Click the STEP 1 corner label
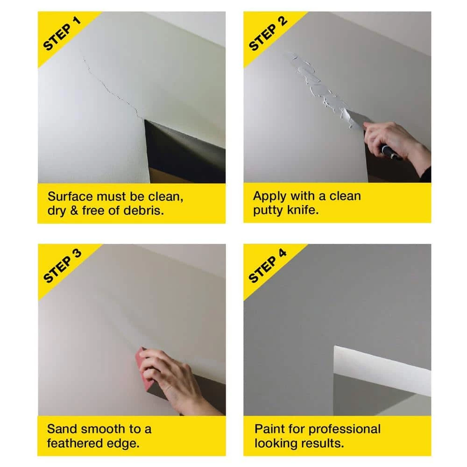(x=62, y=34)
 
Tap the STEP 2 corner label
(x=268, y=34)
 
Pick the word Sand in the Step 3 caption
(x=62, y=429)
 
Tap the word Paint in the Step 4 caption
(x=269, y=429)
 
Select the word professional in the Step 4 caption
(x=348, y=429)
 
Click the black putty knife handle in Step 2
(x=390, y=152)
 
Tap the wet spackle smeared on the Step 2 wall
(x=318, y=84)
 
